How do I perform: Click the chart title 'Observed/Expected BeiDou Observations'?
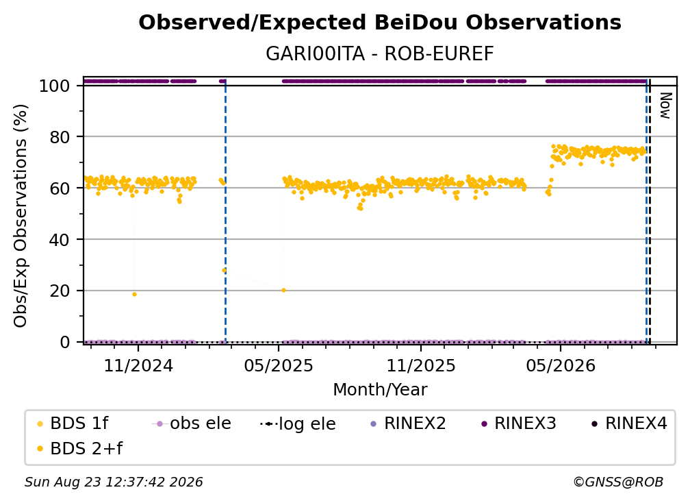[380, 23]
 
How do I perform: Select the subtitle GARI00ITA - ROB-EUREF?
[380, 53]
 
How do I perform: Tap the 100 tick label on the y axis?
[55, 86]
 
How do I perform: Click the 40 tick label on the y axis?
[60, 240]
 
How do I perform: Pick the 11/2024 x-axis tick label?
[138, 365]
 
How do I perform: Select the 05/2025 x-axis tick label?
[279, 365]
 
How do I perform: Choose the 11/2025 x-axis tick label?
[421, 365]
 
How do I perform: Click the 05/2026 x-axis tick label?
[561, 365]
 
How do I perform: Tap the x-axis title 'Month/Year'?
[380, 390]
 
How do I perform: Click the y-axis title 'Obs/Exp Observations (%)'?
[21, 216]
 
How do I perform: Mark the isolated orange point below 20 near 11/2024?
[134, 294]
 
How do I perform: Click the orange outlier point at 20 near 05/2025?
[284, 291]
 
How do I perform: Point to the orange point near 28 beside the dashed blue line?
[224, 271]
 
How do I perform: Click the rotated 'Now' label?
[665, 106]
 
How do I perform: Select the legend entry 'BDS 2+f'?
[80, 448]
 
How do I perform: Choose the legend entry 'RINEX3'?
[520, 424]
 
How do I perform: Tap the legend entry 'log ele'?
[298, 424]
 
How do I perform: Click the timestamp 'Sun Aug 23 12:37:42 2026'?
[114, 482]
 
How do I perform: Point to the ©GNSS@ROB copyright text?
[618, 482]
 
